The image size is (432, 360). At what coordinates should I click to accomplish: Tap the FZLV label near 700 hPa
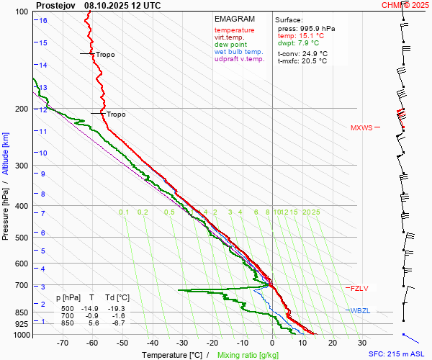359,289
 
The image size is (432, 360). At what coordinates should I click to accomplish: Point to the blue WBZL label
360,310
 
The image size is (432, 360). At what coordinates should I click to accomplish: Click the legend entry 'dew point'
230,44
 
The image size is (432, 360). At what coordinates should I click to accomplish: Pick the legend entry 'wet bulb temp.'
239,52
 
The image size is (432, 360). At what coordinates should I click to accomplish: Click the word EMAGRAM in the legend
234,19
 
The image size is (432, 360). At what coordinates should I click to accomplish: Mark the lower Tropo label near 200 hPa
116,114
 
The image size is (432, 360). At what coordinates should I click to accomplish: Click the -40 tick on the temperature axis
153,343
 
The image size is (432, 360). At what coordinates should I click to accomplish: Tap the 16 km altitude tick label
43,20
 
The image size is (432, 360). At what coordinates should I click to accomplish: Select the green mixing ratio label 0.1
124,212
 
